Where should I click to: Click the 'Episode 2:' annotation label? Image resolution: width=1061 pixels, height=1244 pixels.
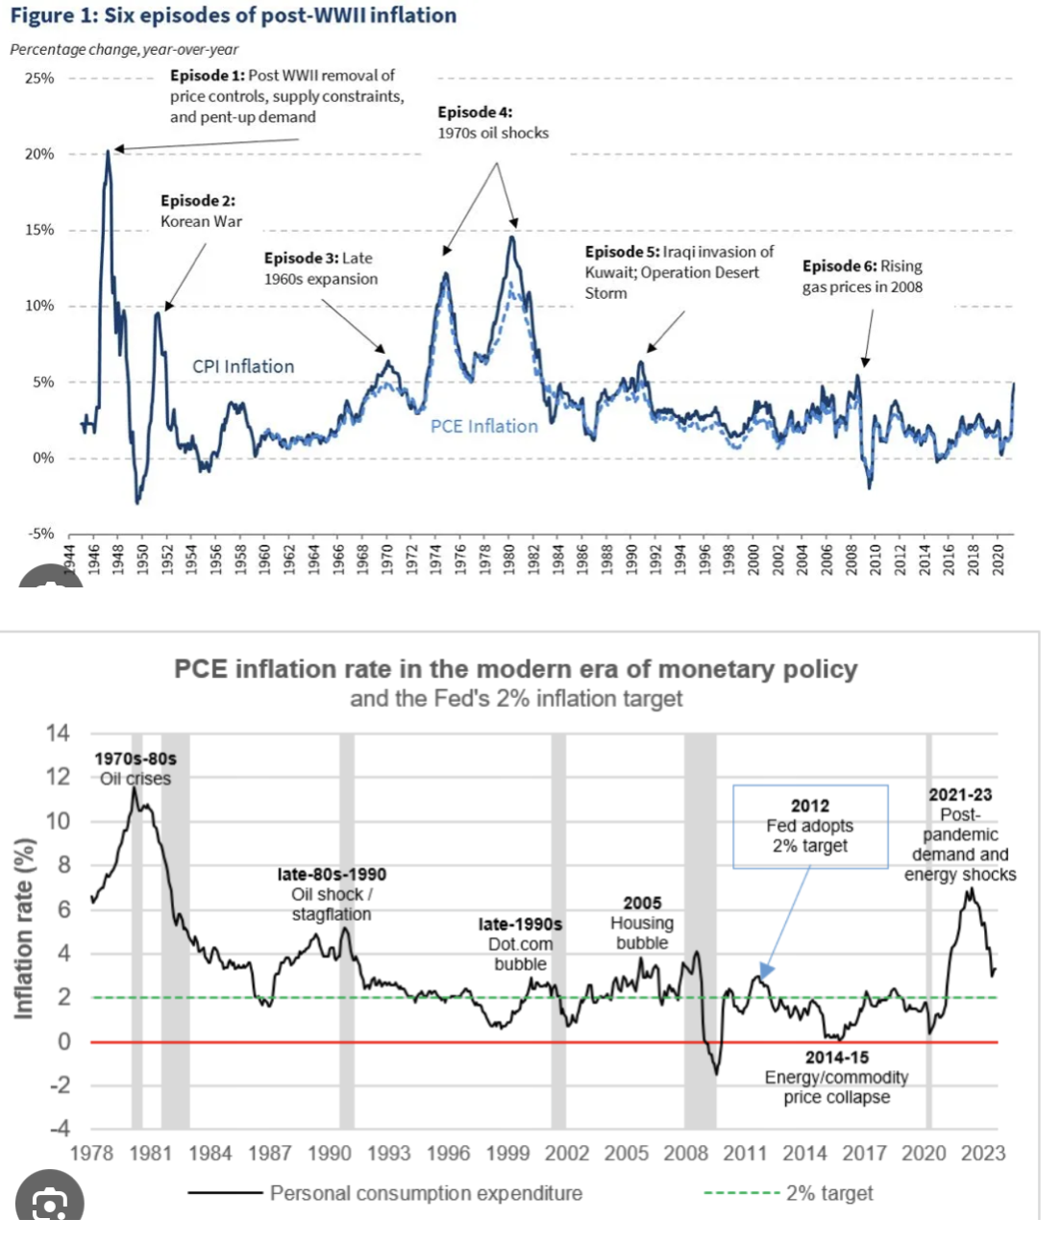pos(198,201)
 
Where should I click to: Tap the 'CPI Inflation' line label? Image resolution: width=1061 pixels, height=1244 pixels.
pos(243,366)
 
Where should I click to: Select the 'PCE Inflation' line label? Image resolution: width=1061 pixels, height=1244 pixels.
pos(483,426)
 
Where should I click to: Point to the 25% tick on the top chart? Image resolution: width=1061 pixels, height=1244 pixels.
pos(39,78)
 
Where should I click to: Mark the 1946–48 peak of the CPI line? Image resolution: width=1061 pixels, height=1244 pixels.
pos(108,151)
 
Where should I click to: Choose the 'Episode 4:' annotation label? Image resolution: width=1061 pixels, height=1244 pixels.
pos(475,112)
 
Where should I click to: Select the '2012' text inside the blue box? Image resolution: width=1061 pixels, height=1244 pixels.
pos(809,806)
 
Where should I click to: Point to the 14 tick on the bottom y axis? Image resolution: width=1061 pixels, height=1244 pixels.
pos(58,734)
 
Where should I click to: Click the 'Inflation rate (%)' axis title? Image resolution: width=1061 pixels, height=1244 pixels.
pos(25,928)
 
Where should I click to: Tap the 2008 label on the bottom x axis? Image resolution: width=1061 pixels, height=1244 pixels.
pos(685,1153)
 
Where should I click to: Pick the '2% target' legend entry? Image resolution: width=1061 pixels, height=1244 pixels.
pos(829,1193)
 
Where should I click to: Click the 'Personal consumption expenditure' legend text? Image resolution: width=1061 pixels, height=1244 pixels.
pos(426,1193)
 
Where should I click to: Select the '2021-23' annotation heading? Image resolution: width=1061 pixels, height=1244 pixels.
pos(959,795)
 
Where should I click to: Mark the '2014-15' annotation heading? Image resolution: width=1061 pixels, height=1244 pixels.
pos(836,1057)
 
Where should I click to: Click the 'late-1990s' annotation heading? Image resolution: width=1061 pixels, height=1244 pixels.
pos(520,924)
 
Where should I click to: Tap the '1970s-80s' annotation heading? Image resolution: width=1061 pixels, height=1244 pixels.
pos(136,759)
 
